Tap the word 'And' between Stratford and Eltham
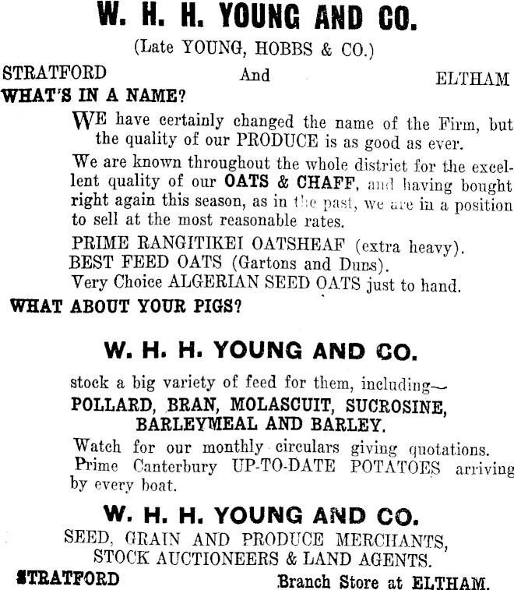pyautogui.click(x=255, y=76)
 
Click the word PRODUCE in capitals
pyautogui.click(x=278, y=143)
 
